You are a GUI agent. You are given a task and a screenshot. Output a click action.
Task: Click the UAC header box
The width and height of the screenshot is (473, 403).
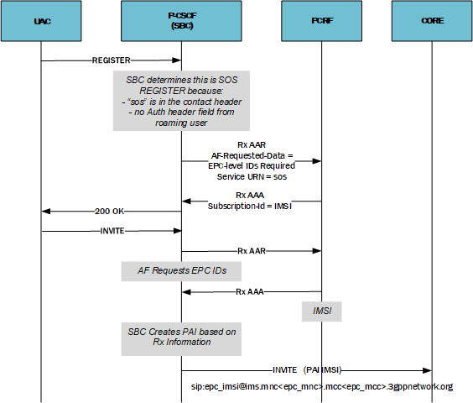click(x=40, y=22)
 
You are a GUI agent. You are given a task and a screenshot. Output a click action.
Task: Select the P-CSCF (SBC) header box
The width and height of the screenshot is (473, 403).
click(x=182, y=22)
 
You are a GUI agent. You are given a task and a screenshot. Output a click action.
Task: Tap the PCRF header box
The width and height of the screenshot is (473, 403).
click(x=321, y=22)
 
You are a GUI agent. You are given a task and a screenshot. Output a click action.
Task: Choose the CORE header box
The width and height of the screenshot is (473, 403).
click(x=434, y=22)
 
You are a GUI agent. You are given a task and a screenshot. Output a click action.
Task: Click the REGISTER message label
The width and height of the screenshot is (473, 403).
click(x=112, y=60)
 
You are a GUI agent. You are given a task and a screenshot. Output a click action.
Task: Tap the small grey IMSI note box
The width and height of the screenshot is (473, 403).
click(x=321, y=311)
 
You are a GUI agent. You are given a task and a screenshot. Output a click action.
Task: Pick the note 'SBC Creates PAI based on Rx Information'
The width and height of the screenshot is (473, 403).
click(x=181, y=338)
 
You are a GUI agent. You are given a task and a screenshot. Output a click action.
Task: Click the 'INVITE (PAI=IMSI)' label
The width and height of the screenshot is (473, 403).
click(x=306, y=369)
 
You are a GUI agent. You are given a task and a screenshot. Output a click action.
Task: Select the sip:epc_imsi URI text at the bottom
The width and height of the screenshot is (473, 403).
click(x=323, y=387)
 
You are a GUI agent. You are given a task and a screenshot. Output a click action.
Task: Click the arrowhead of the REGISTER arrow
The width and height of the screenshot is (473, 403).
click(x=178, y=60)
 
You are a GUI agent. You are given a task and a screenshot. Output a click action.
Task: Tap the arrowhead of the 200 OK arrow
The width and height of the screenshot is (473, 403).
click(x=45, y=212)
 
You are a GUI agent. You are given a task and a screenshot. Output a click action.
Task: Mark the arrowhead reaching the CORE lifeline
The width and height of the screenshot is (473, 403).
click(x=429, y=369)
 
